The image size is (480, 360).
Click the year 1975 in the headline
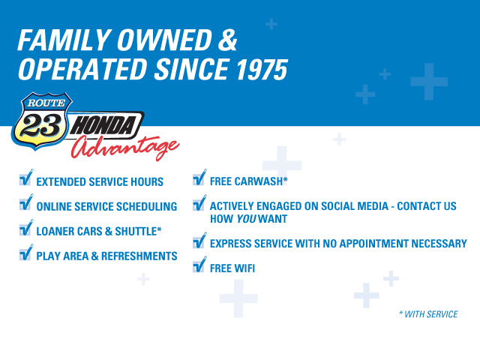262,70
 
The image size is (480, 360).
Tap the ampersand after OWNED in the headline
227,40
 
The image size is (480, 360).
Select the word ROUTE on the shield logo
46,103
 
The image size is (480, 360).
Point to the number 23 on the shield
40,126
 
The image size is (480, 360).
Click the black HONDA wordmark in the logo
103,125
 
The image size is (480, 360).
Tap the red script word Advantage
125,148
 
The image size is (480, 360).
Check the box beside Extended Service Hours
25,179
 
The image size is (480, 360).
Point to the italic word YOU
246,219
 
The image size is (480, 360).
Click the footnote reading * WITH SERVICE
428,314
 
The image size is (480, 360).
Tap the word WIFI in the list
244,268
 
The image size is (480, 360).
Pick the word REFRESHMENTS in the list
139,256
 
